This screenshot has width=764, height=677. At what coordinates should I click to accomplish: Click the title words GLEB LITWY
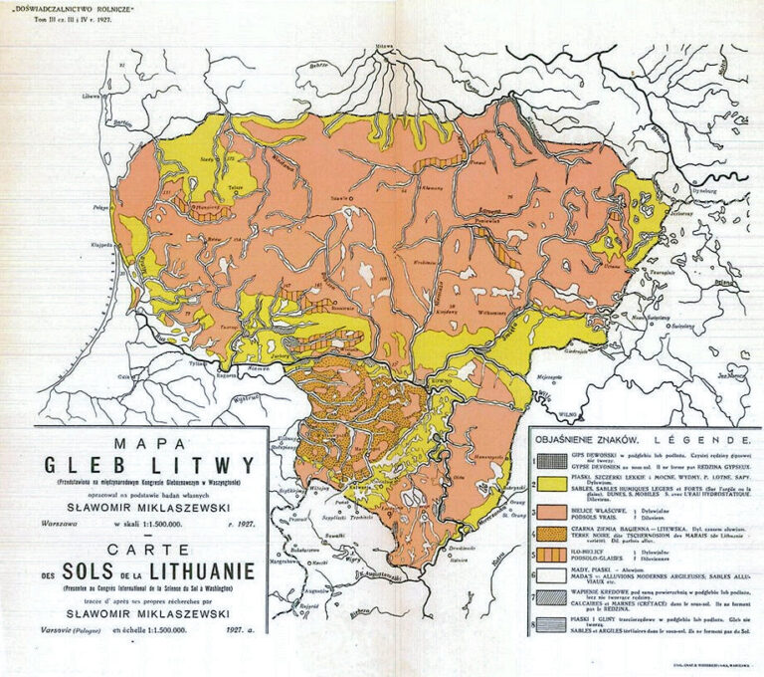tap(149, 465)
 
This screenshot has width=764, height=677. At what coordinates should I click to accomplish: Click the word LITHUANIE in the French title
tap(199, 570)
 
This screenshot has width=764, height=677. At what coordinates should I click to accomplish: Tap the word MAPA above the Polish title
tap(149, 441)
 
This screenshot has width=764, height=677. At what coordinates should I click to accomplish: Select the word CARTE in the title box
tap(147, 548)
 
